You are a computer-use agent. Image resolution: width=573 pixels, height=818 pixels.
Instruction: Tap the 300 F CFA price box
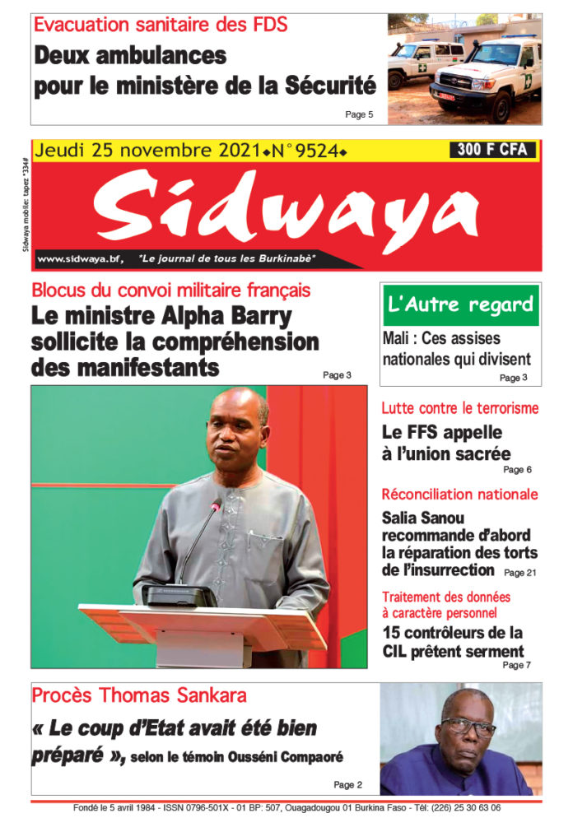(492, 150)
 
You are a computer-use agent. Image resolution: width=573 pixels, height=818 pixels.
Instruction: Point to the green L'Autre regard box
(460, 305)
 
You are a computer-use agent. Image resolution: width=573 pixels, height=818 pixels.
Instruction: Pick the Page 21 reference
(519, 572)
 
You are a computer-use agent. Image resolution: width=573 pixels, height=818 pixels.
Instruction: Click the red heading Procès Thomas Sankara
(139, 695)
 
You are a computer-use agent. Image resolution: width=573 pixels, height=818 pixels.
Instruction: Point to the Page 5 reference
(359, 114)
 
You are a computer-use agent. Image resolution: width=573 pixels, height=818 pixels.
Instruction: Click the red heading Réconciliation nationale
(460, 495)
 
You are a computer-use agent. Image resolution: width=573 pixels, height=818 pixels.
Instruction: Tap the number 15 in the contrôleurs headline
(392, 633)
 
